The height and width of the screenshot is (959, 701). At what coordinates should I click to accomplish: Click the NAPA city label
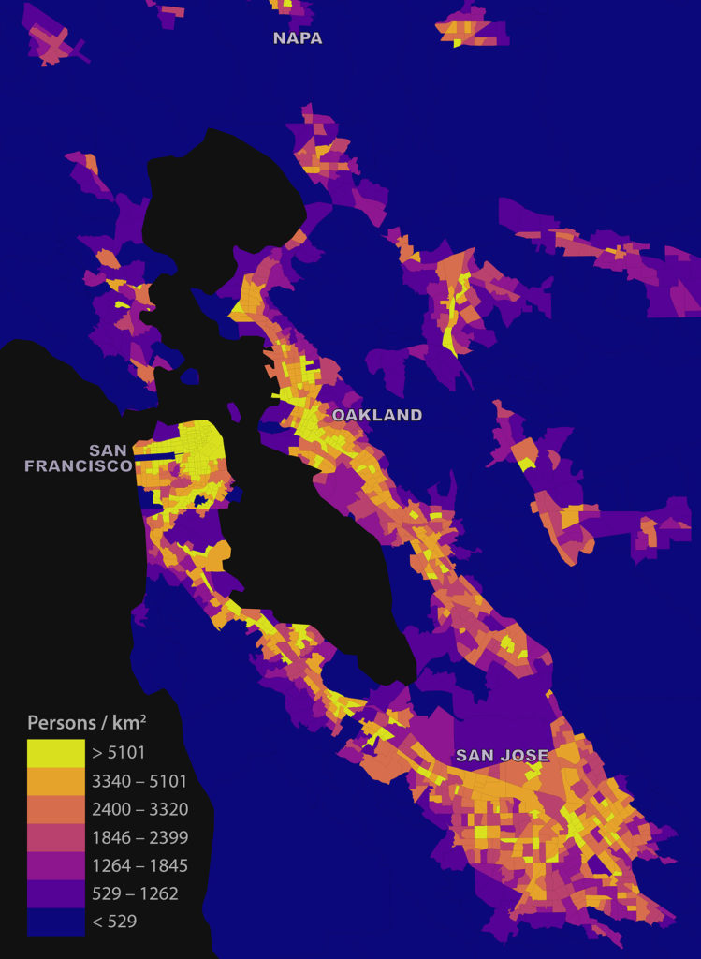(x=298, y=38)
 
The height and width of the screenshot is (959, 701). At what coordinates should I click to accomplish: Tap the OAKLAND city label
(x=377, y=415)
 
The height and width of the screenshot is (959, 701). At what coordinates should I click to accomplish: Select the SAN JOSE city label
(x=502, y=755)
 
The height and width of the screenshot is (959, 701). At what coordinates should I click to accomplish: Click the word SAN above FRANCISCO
(x=109, y=450)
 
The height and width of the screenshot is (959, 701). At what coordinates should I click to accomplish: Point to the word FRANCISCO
(x=78, y=465)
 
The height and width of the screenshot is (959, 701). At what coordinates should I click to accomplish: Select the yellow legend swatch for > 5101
(x=54, y=752)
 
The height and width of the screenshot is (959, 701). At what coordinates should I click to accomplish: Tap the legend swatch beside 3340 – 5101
(x=54, y=780)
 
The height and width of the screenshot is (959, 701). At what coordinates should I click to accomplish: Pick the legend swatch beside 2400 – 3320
(x=54, y=808)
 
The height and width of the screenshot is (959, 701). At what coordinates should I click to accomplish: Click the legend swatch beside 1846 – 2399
(x=54, y=836)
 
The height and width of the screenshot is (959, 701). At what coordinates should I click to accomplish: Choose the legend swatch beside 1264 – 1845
(x=54, y=864)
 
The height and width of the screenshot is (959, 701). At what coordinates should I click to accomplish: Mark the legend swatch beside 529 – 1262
(x=54, y=893)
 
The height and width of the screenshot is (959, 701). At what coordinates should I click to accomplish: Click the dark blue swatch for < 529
(x=54, y=921)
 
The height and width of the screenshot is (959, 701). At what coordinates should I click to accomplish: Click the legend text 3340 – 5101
(x=139, y=780)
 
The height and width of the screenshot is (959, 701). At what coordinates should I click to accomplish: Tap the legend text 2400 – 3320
(x=139, y=808)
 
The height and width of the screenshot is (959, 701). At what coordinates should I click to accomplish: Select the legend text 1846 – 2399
(x=139, y=836)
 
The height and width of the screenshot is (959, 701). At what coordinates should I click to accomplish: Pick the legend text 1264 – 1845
(x=139, y=864)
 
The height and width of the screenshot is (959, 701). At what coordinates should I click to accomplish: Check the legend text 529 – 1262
(x=135, y=893)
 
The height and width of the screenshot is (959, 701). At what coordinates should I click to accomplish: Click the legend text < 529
(x=114, y=921)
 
